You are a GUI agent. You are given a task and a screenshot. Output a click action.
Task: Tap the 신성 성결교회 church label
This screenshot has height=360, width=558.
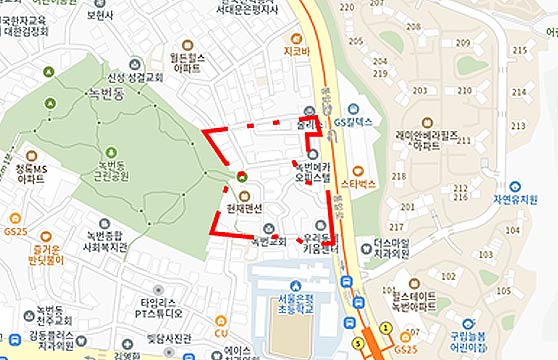click(x=136, y=76)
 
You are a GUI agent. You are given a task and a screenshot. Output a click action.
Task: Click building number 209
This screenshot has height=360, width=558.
click(x=462, y=43)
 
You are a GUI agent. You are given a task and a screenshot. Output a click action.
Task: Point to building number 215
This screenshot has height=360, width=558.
click(x=519, y=50)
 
